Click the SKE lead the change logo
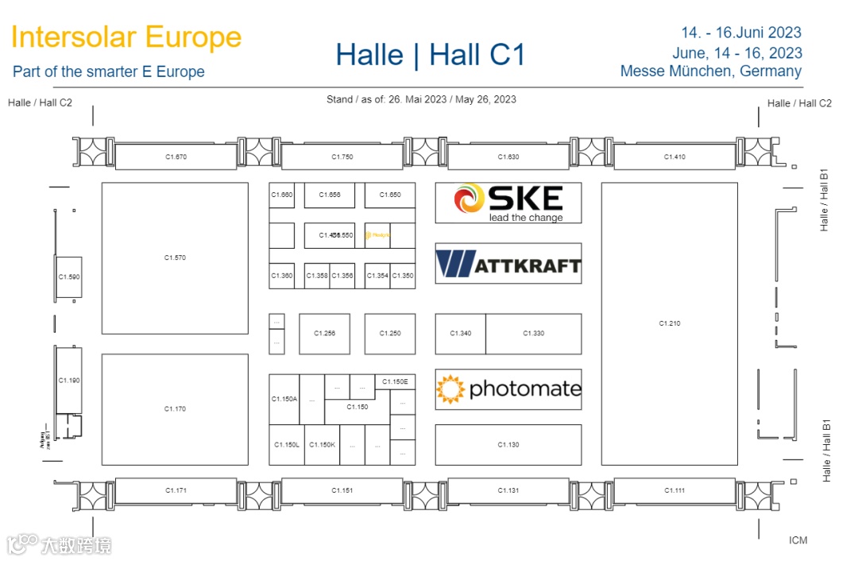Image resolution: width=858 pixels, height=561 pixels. click(508, 203)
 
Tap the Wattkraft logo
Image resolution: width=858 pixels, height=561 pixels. click(508, 264)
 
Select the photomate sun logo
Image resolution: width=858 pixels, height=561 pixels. click(450, 389)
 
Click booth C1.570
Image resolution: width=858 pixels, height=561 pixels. click(175, 258)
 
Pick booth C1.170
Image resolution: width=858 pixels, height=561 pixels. click(175, 409)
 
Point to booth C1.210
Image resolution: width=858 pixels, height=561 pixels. click(669, 323)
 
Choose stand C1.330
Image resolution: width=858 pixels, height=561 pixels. click(533, 334)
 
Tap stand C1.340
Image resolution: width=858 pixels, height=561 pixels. click(460, 334)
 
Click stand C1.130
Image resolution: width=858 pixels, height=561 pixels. click(508, 445)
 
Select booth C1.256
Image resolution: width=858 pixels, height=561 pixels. click(324, 334)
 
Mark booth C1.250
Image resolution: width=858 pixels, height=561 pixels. click(390, 334)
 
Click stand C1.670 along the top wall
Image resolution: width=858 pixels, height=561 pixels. click(176, 157)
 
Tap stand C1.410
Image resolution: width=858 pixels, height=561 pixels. click(674, 157)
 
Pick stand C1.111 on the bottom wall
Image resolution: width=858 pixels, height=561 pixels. click(674, 490)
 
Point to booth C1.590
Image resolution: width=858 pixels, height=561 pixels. click(69, 277)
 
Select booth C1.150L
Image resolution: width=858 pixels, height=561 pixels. click(287, 445)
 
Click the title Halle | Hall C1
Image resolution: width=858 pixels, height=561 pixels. click(431, 55)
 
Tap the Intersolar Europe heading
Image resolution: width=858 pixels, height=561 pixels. click(126, 37)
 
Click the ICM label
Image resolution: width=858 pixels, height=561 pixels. click(798, 540)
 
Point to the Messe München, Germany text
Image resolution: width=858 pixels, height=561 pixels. click(710, 72)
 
